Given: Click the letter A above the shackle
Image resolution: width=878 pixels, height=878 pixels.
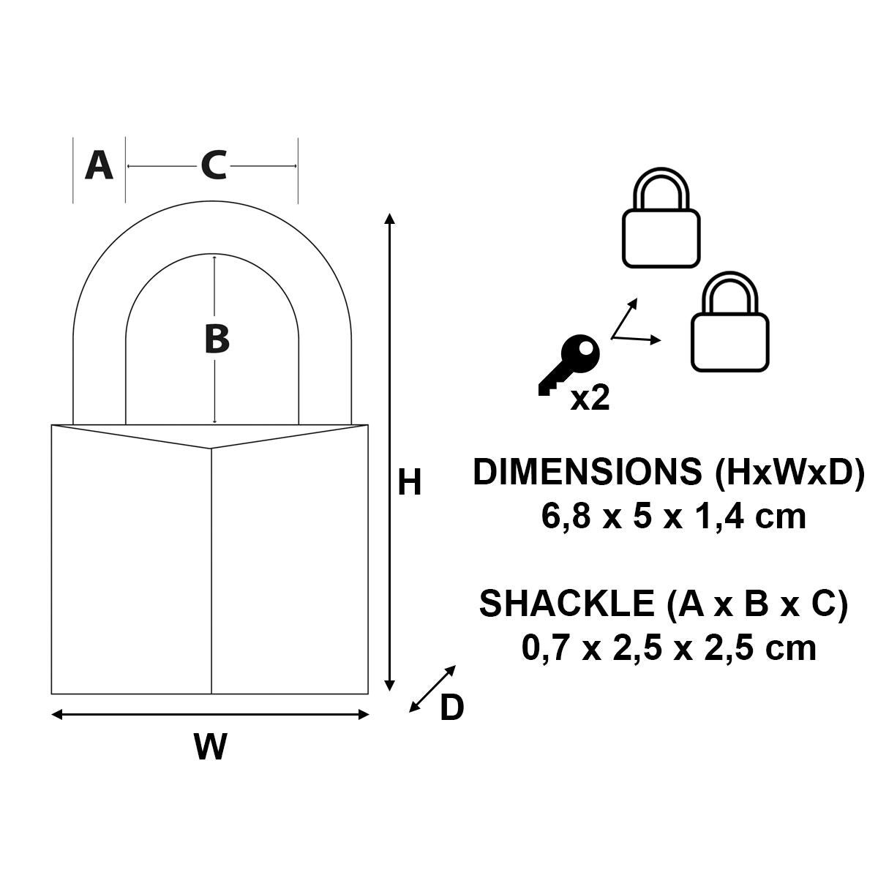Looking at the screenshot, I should click(x=100, y=165).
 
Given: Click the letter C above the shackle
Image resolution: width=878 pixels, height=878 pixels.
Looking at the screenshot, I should click(x=213, y=165).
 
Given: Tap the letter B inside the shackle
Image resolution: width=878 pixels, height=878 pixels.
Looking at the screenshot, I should click(x=217, y=339).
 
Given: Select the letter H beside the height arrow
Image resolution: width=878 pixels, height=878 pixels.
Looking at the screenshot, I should click(x=410, y=483).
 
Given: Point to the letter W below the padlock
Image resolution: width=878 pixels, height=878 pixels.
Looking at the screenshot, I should click(x=210, y=747).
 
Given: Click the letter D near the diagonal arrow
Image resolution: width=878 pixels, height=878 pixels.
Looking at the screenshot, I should click(x=451, y=708).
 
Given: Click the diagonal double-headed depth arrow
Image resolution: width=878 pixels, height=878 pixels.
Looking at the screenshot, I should click(x=432, y=688).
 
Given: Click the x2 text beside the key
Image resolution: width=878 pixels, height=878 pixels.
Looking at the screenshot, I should click(x=590, y=398).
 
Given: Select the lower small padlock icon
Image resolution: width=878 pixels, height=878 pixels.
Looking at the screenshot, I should click(x=730, y=322).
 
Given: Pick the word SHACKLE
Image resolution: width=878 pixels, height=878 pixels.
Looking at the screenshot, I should click(x=566, y=604).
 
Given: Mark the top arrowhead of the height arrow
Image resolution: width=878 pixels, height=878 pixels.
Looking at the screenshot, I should click(x=390, y=217).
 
